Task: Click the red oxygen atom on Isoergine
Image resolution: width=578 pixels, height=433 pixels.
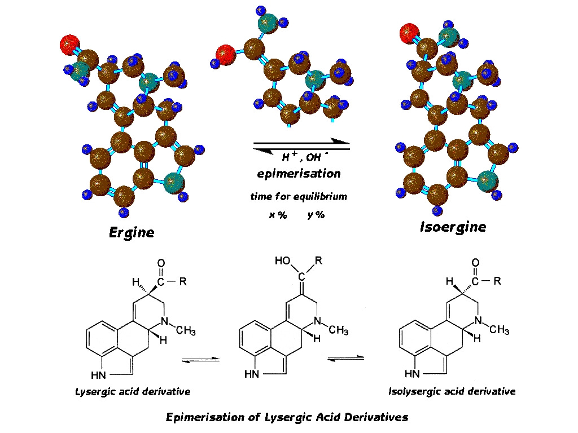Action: (409, 33)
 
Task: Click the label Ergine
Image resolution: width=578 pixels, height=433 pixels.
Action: (132, 232)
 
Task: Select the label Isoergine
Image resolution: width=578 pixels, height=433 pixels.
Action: (453, 227)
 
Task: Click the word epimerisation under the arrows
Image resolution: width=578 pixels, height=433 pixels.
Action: (299, 174)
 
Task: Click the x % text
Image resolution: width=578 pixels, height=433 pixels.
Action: (277, 215)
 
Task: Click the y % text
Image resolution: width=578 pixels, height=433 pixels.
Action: (316, 215)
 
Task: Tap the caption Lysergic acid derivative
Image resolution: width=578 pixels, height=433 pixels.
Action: (133, 391)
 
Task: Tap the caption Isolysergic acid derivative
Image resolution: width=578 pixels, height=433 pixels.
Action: (452, 391)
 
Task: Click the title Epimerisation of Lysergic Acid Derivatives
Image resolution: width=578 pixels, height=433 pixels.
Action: (287, 417)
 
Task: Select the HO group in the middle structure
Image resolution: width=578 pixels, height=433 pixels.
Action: (283, 261)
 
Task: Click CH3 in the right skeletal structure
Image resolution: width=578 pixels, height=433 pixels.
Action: (500, 330)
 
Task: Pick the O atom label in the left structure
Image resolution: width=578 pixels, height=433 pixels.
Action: (161, 263)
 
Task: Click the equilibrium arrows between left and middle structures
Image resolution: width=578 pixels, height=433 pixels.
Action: (200, 359)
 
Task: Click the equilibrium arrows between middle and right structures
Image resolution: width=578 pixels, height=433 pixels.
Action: (345, 359)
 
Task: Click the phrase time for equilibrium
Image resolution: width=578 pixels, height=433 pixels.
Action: (299, 197)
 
